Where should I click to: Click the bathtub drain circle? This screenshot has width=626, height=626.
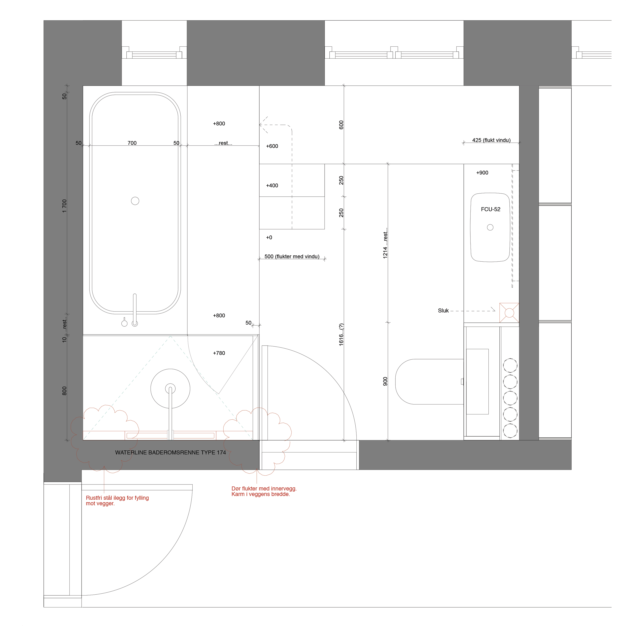135,201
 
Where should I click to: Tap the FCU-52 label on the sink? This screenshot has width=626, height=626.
491,209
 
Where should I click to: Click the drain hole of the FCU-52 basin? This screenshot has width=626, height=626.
490,227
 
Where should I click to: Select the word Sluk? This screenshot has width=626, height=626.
443,311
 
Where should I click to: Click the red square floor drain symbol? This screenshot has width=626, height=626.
509,313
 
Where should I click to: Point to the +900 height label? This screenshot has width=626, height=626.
482,173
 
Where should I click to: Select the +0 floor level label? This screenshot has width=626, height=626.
269,238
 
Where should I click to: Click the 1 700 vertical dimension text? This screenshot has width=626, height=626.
64,206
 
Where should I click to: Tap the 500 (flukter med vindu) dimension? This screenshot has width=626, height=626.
292,257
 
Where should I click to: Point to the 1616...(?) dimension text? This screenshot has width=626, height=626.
341,335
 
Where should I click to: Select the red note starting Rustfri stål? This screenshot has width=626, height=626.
117,501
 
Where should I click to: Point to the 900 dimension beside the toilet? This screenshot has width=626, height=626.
385,381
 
